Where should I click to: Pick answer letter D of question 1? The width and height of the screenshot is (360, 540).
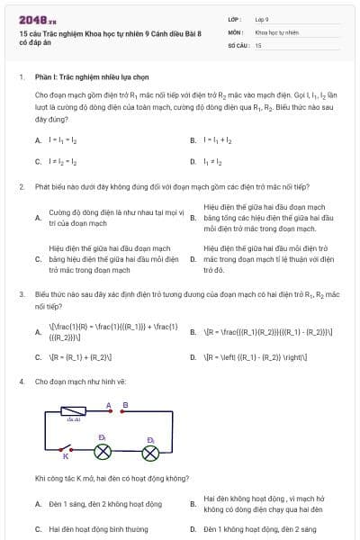(x=193, y=162)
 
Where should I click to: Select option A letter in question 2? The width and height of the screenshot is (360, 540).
(x=38, y=217)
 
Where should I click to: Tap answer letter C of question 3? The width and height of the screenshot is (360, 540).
(x=38, y=357)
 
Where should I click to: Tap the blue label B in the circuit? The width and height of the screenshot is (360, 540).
(x=124, y=405)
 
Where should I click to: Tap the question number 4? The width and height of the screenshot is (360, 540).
(x=21, y=382)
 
